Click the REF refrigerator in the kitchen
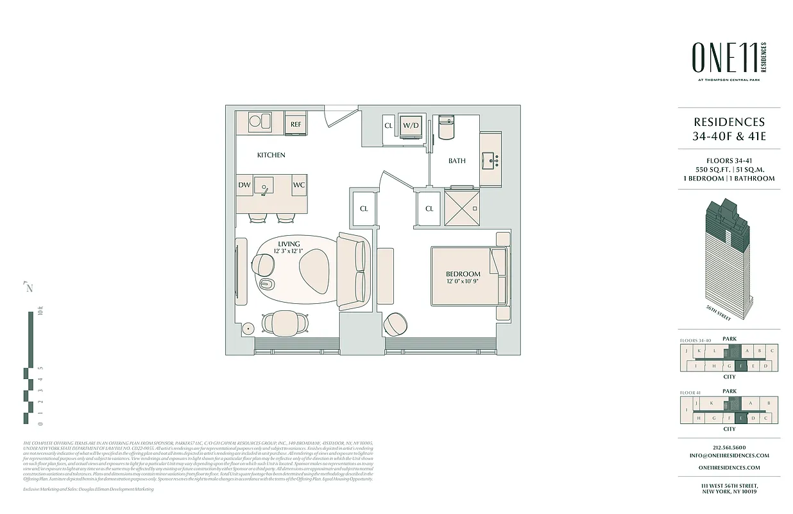[x=296, y=124]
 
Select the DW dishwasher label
[x=244, y=185]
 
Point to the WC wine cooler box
[x=298, y=185]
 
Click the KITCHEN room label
[x=271, y=155]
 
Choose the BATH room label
[x=457, y=161]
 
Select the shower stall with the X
[x=461, y=208]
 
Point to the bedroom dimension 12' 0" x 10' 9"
[x=463, y=281]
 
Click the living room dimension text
[x=289, y=251]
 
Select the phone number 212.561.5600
[x=729, y=448]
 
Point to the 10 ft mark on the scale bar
[x=39, y=314]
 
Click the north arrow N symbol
[x=29, y=287]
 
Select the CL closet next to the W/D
[x=388, y=126]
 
